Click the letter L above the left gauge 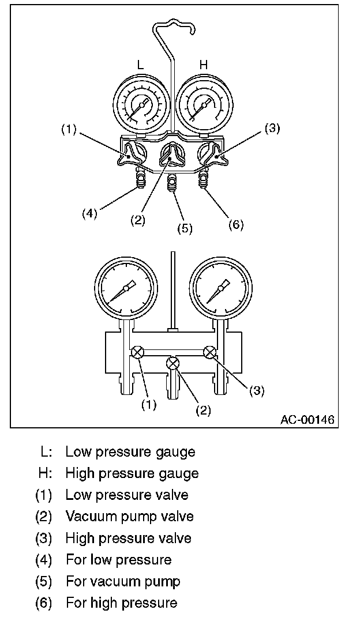point(141,66)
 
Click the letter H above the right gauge point(203,66)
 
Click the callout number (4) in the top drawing point(88,213)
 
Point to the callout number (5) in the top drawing point(184,228)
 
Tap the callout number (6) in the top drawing point(236,224)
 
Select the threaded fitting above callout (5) point(172,185)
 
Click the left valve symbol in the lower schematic point(138,353)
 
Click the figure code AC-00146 point(307,419)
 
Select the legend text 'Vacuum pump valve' point(129,516)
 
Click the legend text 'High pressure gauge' point(132,473)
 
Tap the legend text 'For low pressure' point(118,559)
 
